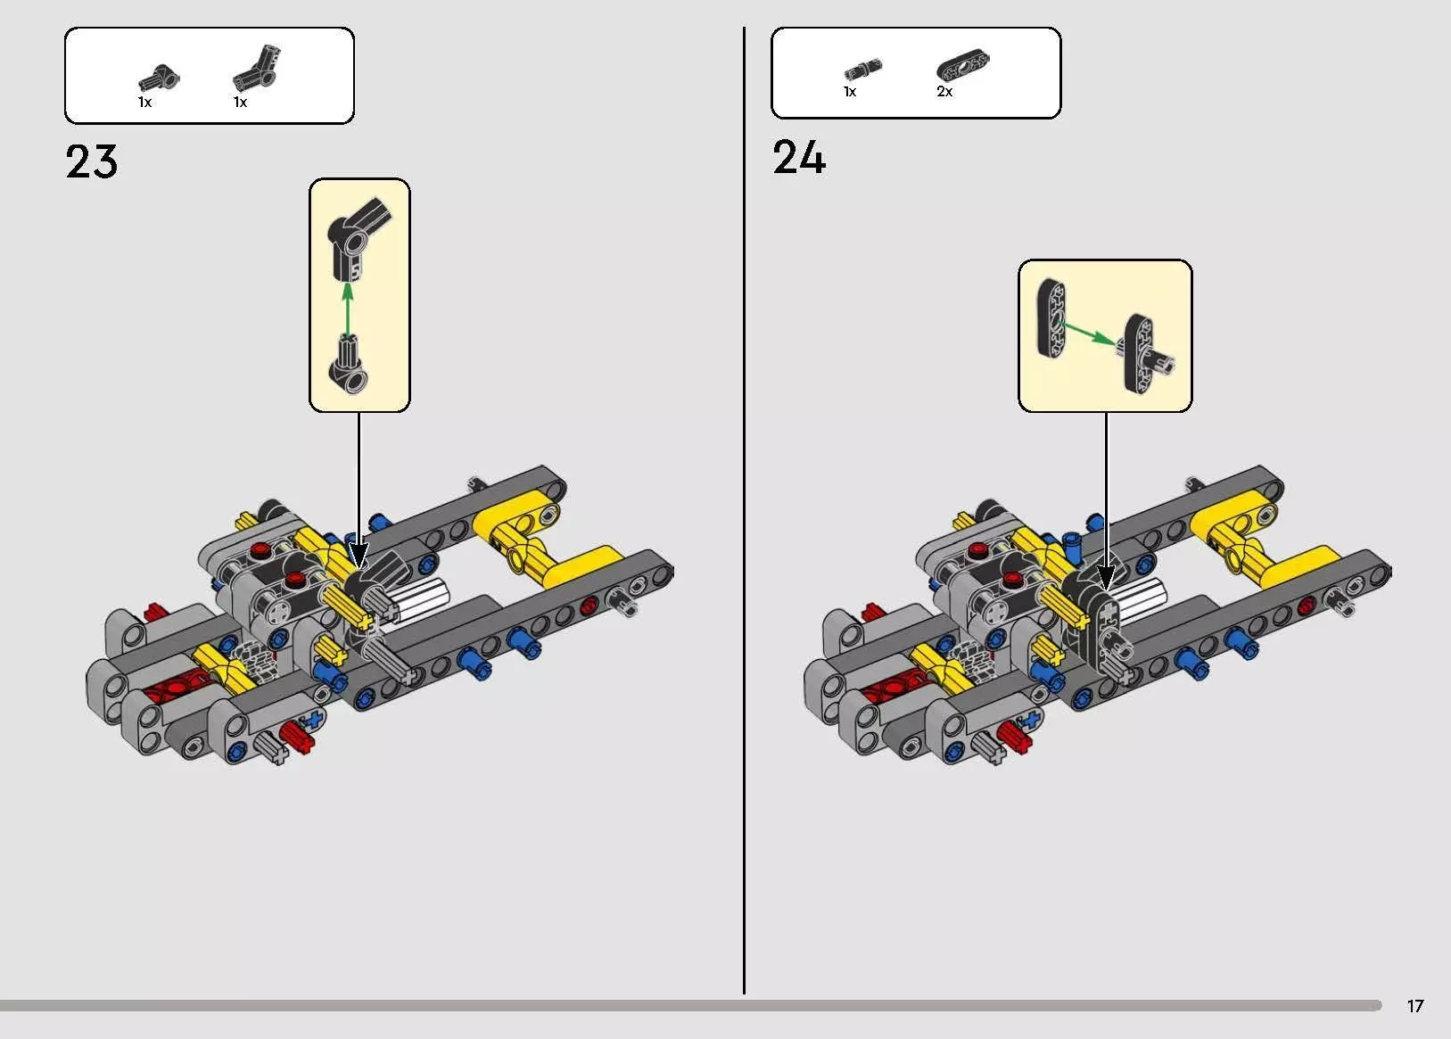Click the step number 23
[91, 161]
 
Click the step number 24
[799, 157]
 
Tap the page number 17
[1415, 1006]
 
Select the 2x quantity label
[944, 91]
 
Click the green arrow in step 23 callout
[348, 309]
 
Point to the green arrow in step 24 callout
[1088, 333]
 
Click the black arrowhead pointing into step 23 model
[359, 556]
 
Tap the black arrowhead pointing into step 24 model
[1106, 576]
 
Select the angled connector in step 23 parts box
[257, 68]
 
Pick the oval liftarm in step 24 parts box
[962, 66]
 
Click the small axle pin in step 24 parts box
[862, 69]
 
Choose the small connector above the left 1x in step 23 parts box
[159, 78]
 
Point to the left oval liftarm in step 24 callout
[1052, 318]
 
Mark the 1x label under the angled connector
[240, 103]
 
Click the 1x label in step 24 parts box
[850, 92]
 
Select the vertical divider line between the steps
[744, 510]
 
